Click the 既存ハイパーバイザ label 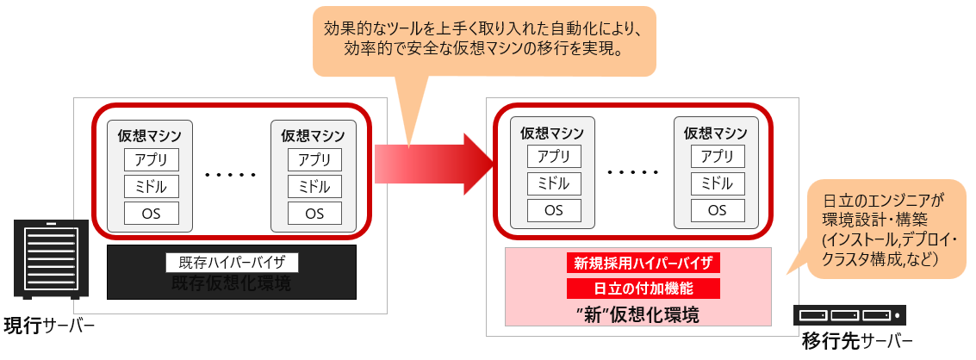coord(232,263)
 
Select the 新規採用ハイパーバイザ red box coord(642,262)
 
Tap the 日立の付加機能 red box coord(642,289)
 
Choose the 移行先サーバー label coord(856,340)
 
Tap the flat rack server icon coord(851,316)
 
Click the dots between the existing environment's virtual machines coord(231,175)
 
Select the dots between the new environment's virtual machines coord(633,172)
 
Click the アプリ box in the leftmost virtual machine coord(152,159)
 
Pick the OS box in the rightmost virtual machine coord(717,209)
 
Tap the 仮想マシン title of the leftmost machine coord(150,135)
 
